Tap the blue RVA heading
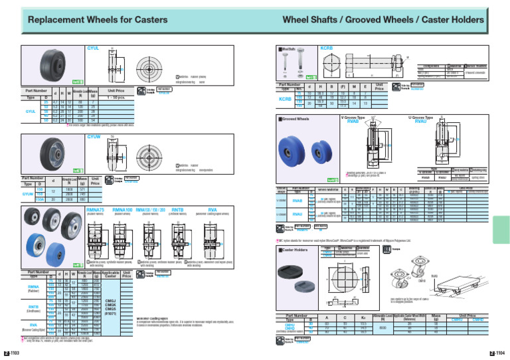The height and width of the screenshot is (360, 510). click(212, 208)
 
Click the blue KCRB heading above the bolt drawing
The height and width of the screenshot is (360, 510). click(326, 48)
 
